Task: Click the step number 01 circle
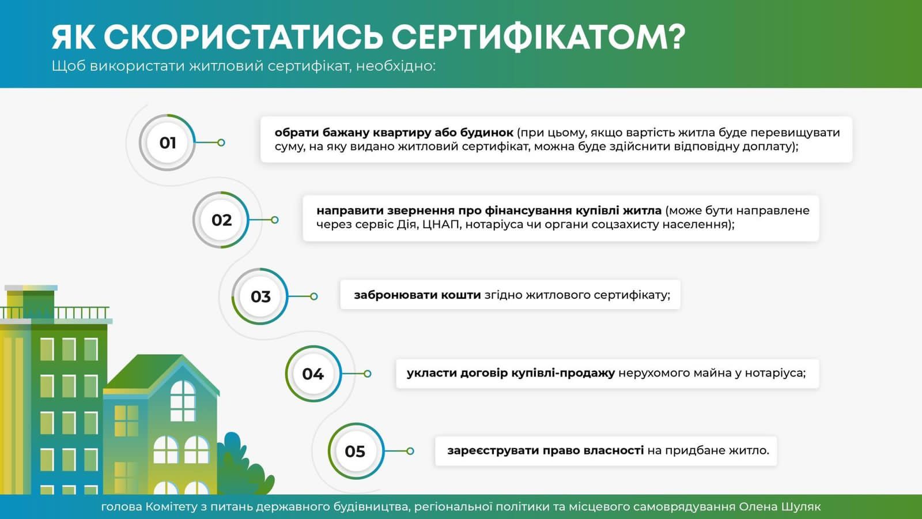[167, 142]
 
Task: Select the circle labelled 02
[221, 220]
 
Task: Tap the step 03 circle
[260, 296]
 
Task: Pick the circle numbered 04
[313, 374]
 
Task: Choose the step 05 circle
[355, 451]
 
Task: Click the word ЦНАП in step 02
[440, 224]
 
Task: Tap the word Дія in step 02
[406, 224]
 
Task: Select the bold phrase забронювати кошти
[417, 295]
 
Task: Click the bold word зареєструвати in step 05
[490, 450]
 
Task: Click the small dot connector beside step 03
[313, 296]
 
